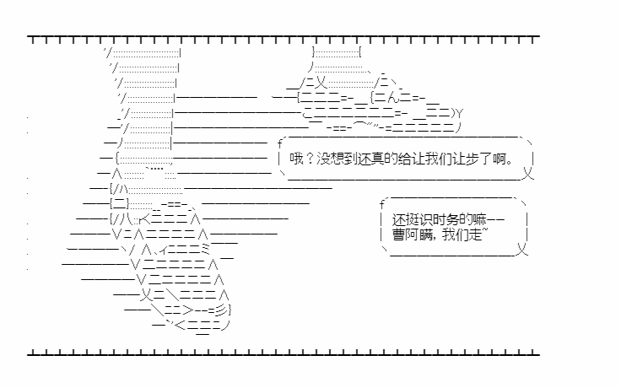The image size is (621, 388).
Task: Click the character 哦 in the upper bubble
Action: point(296,159)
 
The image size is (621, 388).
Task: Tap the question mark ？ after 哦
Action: point(310,159)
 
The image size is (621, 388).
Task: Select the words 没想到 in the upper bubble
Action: point(337,159)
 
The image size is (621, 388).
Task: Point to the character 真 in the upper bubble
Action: point(377,159)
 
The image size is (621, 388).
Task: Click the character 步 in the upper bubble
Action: point(472,159)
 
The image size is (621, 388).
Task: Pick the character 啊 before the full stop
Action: point(499,159)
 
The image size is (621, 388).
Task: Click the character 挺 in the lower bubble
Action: point(413,220)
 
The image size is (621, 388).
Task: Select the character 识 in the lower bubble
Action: point(426,220)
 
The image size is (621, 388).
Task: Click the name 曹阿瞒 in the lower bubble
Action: point(413,234)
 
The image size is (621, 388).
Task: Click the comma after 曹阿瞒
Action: point(436,239)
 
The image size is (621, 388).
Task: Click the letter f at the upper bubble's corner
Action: point(280,143)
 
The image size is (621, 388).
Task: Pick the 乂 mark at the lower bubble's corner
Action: point(522,250)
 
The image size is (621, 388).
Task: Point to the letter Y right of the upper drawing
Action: point(459,114)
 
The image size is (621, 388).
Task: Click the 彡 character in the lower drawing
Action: point(222,310)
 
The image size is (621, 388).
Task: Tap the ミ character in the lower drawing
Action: point(205,249)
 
